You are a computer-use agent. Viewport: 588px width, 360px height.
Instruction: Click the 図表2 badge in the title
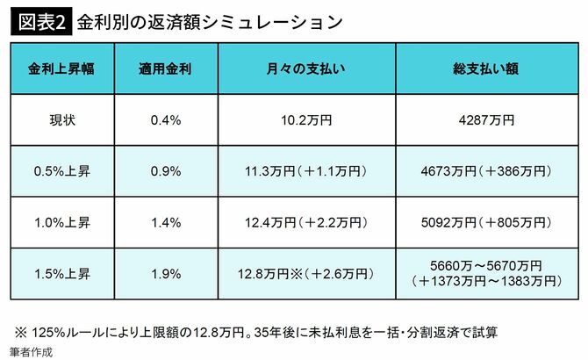tap(39, 21)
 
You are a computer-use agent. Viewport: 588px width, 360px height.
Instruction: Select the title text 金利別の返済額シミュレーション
tap(208, 21)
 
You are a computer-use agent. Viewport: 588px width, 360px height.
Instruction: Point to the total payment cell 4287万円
tap(478, 119)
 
